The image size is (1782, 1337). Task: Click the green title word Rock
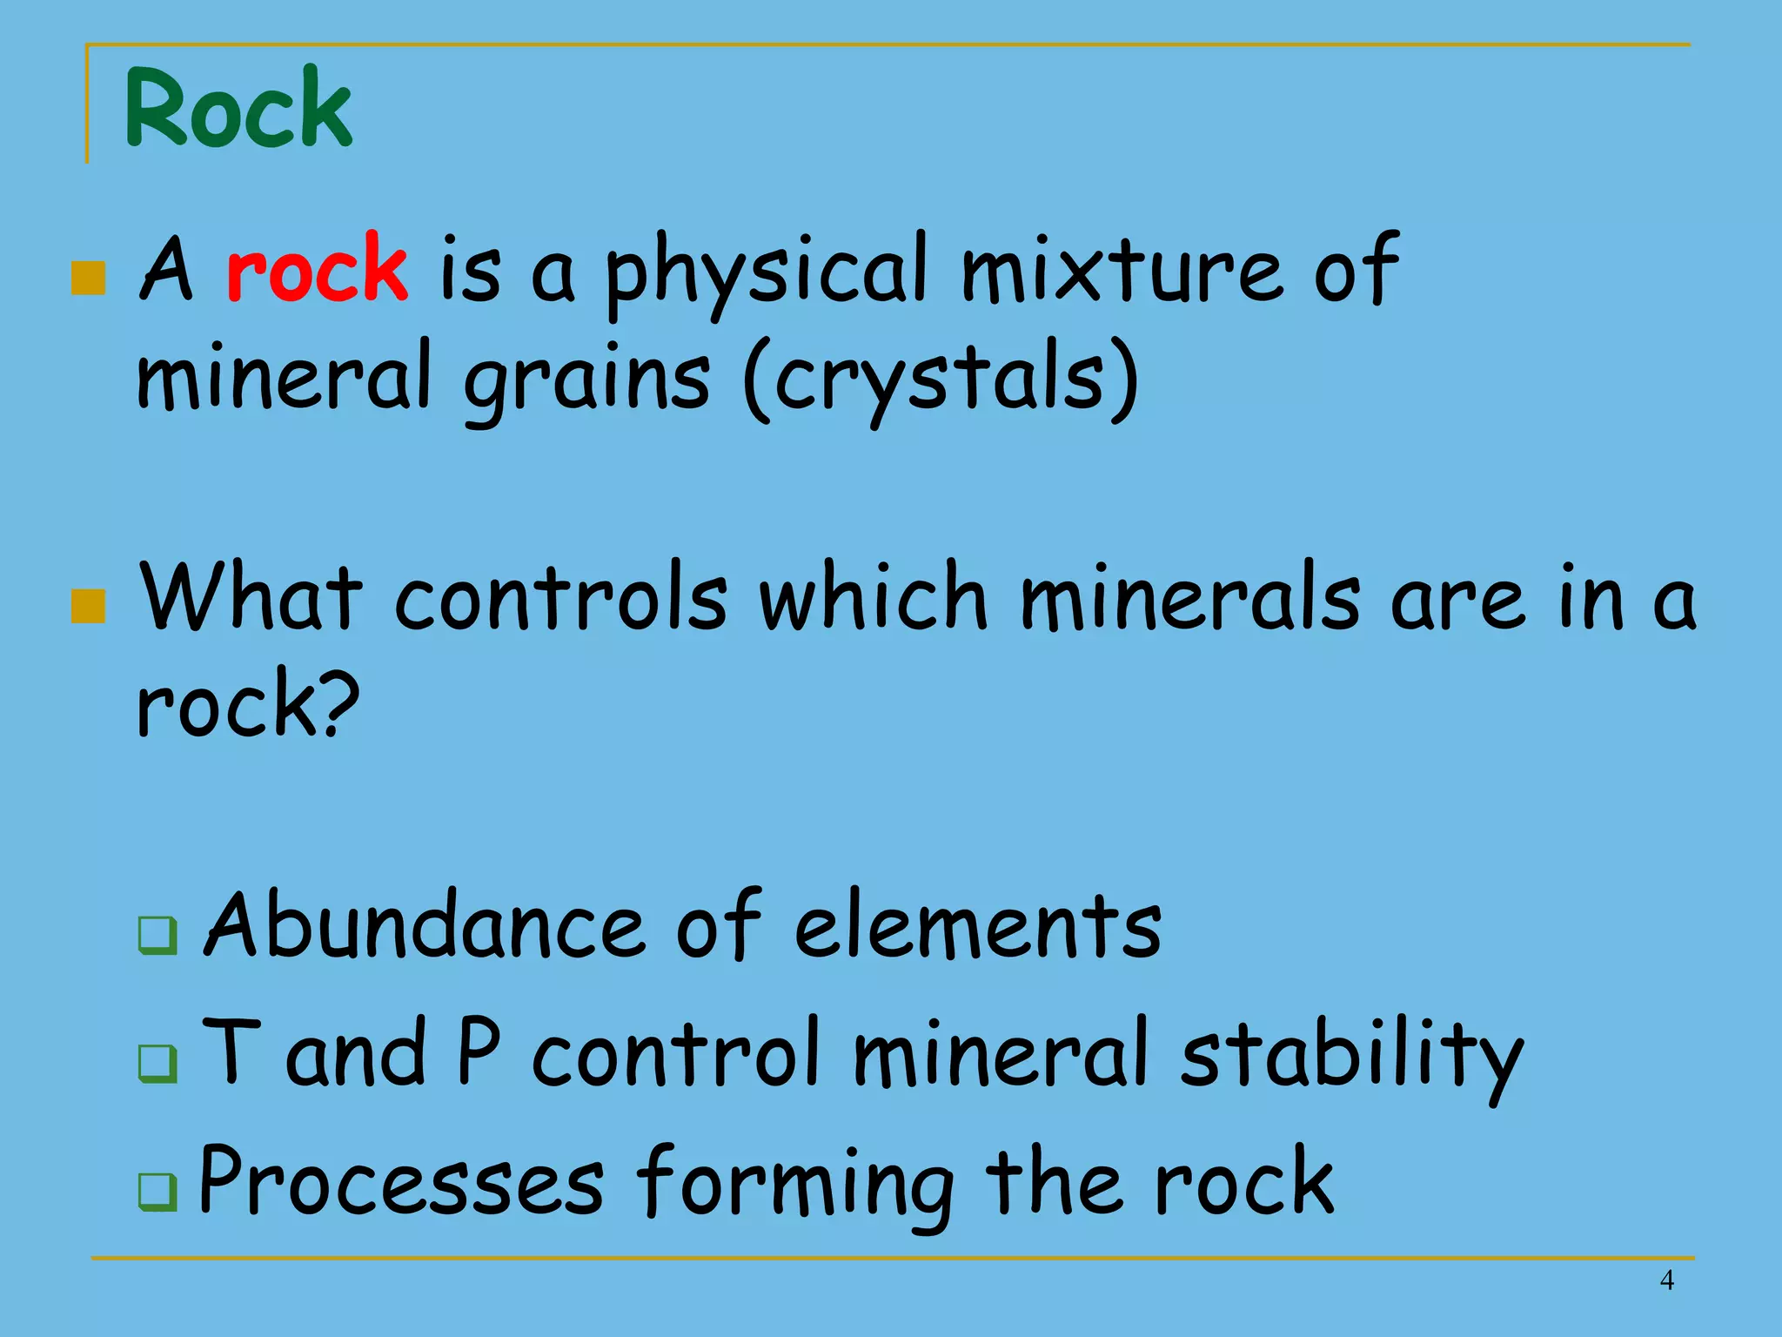238,108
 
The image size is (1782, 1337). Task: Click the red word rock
317,269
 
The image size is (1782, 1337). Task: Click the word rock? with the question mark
248,704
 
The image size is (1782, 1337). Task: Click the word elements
978,926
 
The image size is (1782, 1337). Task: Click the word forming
796,1184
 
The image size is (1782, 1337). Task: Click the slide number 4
1666,1280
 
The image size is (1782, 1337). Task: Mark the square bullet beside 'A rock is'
88,279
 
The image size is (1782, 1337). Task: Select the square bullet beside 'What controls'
88,607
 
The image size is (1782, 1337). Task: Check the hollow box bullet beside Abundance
157,936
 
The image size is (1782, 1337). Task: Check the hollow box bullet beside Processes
157,1193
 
